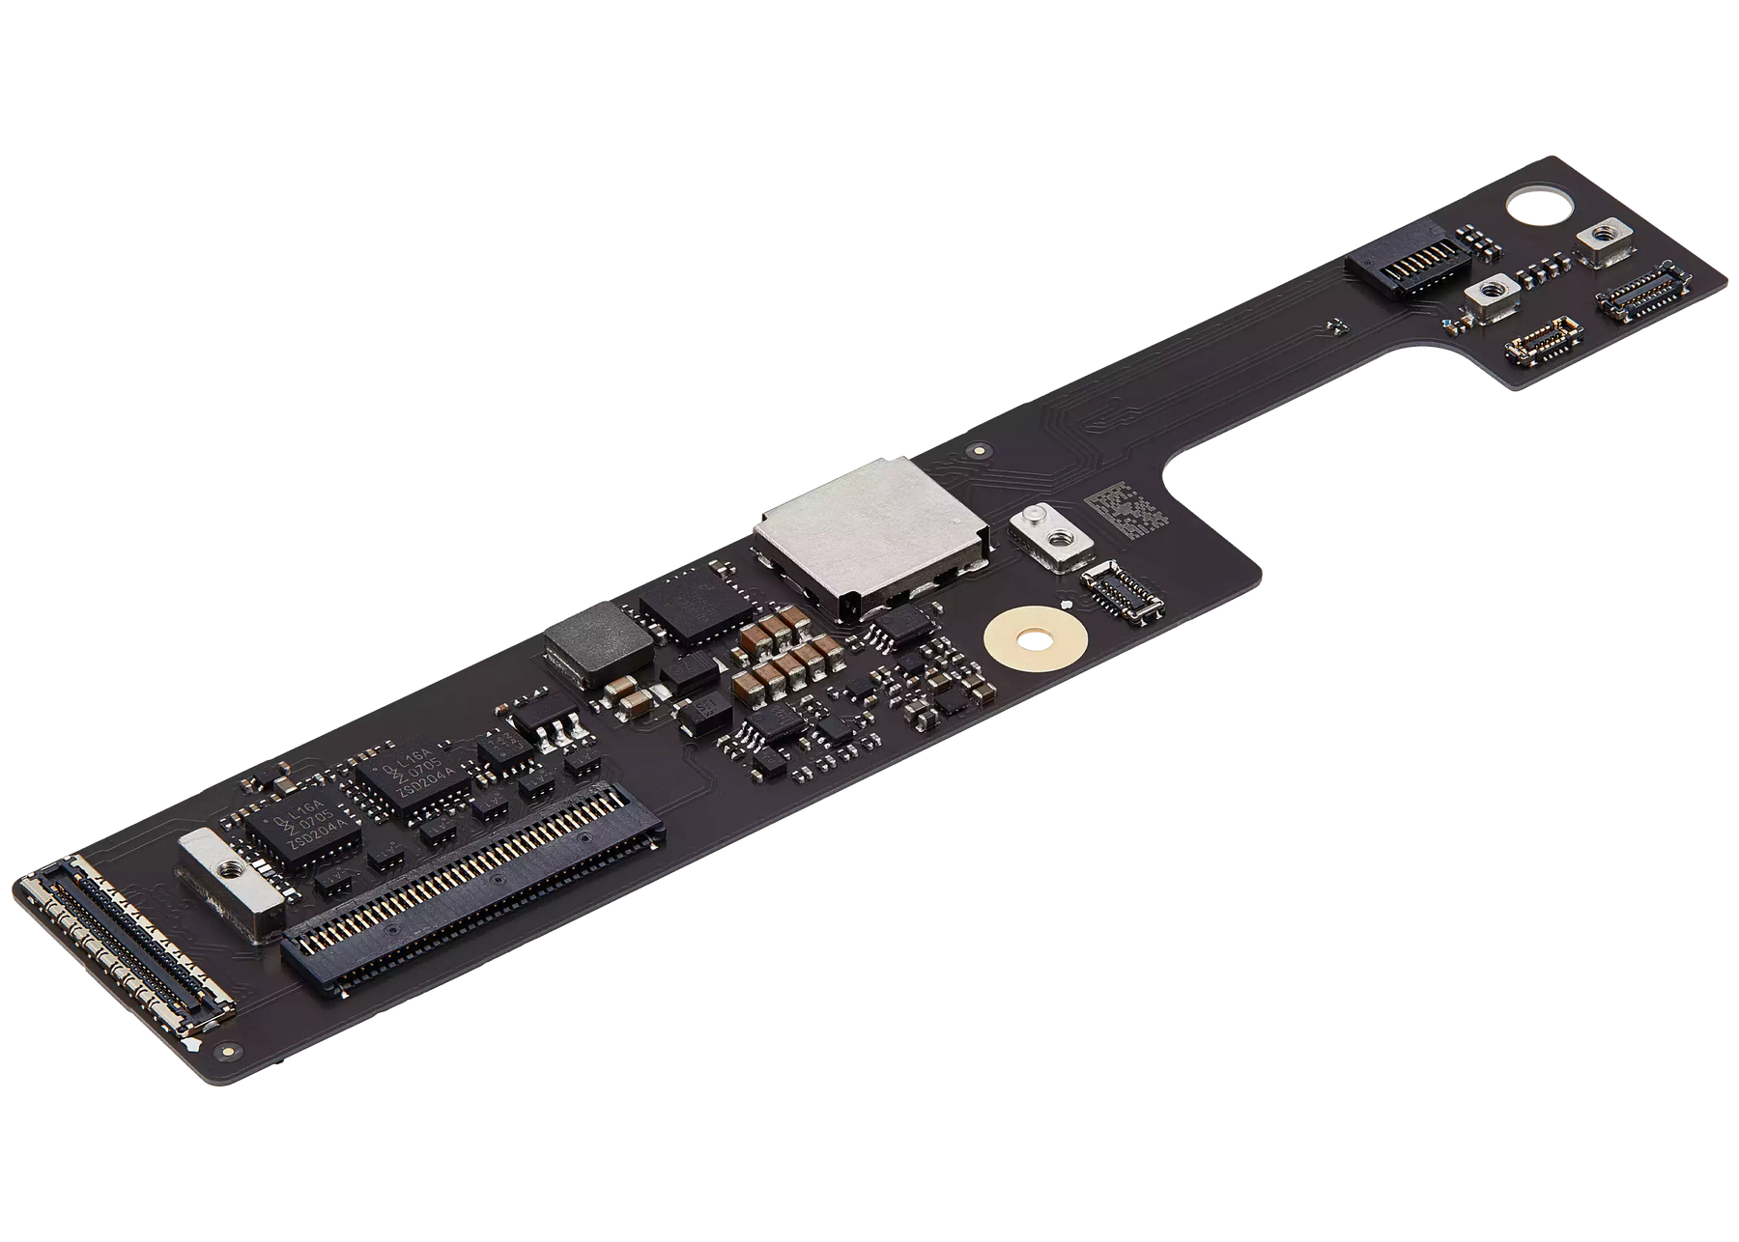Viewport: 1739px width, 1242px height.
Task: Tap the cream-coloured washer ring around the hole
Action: click(x=1036, y=638)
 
